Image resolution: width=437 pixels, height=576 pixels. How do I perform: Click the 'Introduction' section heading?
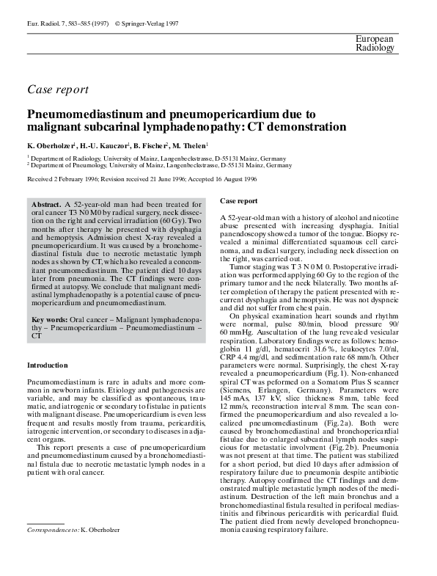47,365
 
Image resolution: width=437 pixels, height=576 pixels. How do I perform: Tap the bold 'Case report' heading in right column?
238,200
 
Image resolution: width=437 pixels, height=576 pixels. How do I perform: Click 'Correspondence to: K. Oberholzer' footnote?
73,529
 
